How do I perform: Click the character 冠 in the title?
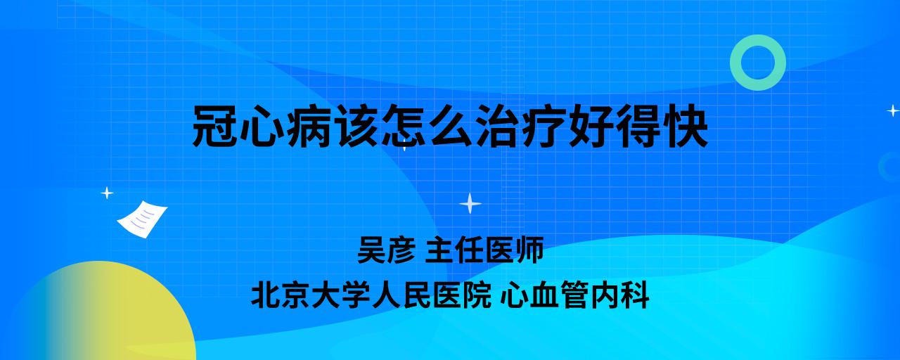pyautogui.click(x=214, y=126)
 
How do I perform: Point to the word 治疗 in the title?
pyautogui.click(x=521, y=126)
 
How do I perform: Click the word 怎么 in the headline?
pyautogui.click(x=427, y=126)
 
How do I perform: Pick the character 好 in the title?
pyautogui.click(x=591, y=126)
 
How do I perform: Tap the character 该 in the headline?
pyautogui.click(x=355, y=126)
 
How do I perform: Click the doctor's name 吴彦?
pyautogui.click(x=386, y=250)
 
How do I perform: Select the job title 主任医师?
pyautogui.click(x=484, y=250)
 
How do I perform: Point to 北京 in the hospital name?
pyautogui.click(x=281, y=295)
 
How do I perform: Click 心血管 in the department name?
pyautogui.click(x=545, y=295)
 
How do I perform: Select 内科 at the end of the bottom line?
pyautogui.click(x=619, y=295)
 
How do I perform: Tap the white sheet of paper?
pyautogui.click(x=142, y=219)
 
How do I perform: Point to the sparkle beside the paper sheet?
pyautogui.click(x=107, y=193)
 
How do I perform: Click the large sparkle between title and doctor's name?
pyautogui.click(x=470, y=204)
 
